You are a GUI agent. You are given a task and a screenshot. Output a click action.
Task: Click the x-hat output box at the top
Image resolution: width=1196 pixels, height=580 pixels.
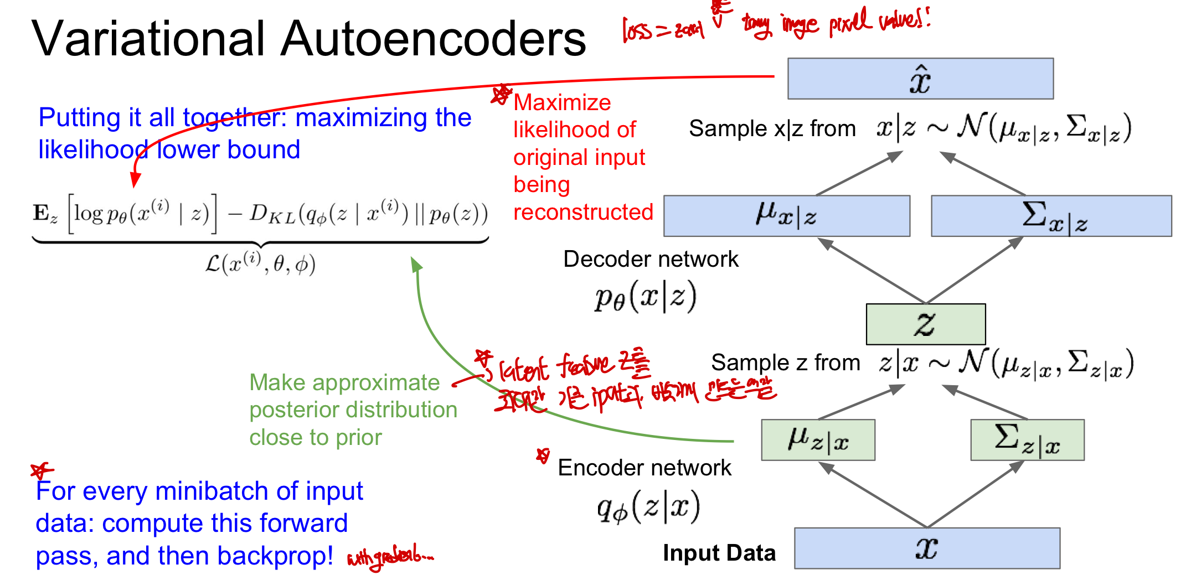[x=920, y=79]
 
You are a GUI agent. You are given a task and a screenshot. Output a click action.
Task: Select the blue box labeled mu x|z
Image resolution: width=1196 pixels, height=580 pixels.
[x=786, y=216]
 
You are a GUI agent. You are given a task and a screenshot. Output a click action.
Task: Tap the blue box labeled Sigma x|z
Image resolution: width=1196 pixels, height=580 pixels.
[x=1051, y=216]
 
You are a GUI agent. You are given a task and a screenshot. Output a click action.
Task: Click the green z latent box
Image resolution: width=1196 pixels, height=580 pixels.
[x=925, y=324]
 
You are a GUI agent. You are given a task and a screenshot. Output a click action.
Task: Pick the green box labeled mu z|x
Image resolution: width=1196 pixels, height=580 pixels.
[x=818, y=440]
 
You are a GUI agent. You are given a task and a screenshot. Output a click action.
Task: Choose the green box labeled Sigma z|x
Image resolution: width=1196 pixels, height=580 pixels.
[x=1027, y=440]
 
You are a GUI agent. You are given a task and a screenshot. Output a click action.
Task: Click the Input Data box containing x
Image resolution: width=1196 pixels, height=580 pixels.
[x=927, y=548]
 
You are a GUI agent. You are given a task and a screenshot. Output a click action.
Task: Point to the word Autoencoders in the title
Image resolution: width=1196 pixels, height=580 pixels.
[x=433, y=39]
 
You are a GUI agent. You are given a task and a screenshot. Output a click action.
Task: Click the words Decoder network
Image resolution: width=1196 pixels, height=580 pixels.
[x=651, y=259]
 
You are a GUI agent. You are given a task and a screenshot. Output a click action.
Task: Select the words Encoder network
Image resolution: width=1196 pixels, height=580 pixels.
[x=645, y=468]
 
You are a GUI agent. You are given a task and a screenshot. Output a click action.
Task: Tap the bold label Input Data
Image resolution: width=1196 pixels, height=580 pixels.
[x=719, y=553]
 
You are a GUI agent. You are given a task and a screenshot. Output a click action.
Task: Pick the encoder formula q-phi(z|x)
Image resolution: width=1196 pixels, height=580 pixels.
[x=648, y=506]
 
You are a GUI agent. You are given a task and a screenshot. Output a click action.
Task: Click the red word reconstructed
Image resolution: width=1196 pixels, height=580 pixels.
[x=583, y=212]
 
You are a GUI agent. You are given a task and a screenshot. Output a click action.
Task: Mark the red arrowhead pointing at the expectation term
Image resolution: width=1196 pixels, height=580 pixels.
[x=135, y=180]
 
